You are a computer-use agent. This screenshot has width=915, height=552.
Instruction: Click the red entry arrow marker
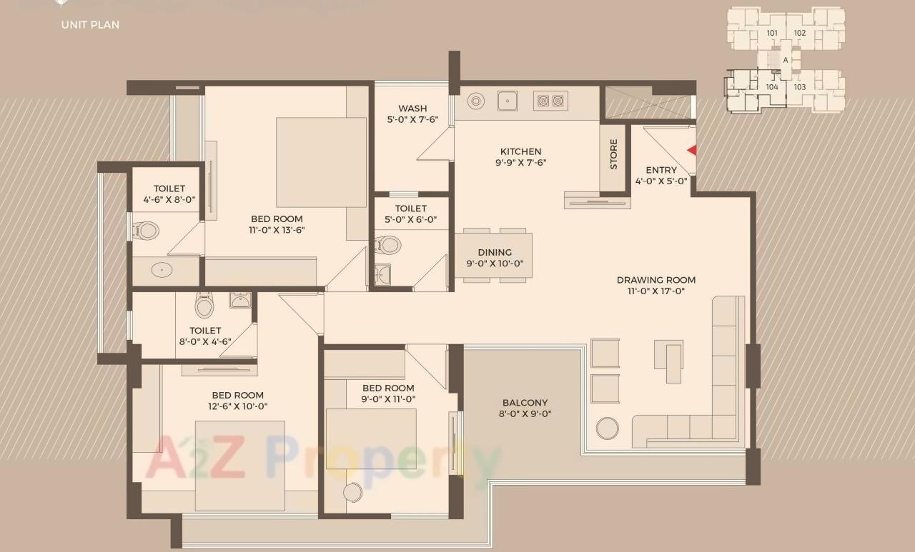point(691,150)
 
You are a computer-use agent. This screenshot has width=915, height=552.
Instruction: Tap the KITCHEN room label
point(520,151)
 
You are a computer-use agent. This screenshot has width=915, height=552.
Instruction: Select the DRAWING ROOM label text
point(656,280)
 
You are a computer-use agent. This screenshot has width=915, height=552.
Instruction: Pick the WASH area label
point(412,109)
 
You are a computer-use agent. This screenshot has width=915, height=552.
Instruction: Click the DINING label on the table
point(495,252)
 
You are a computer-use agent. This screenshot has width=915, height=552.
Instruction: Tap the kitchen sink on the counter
point(508,101)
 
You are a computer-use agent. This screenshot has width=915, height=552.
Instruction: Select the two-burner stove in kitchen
point(550,101)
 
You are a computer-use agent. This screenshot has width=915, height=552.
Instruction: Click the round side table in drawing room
point(608,428)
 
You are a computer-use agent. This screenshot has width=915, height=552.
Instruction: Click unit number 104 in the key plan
point(772,87)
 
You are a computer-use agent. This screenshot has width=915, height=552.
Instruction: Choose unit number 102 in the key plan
point(799,33)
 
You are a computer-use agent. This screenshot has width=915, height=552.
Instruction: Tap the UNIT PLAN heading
point(90,24)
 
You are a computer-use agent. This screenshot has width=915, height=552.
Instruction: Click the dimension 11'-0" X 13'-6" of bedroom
point(277,231)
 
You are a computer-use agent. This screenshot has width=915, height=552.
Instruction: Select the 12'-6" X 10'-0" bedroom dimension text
point(237,406)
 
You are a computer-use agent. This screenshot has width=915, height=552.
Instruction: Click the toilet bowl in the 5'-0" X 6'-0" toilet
point(388,246)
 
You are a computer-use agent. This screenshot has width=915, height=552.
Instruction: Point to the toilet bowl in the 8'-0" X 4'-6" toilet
point(204,306)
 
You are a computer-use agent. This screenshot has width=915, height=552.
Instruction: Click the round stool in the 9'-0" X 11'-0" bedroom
point(352,493)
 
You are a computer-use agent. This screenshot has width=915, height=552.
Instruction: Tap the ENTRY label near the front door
point(661,170)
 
